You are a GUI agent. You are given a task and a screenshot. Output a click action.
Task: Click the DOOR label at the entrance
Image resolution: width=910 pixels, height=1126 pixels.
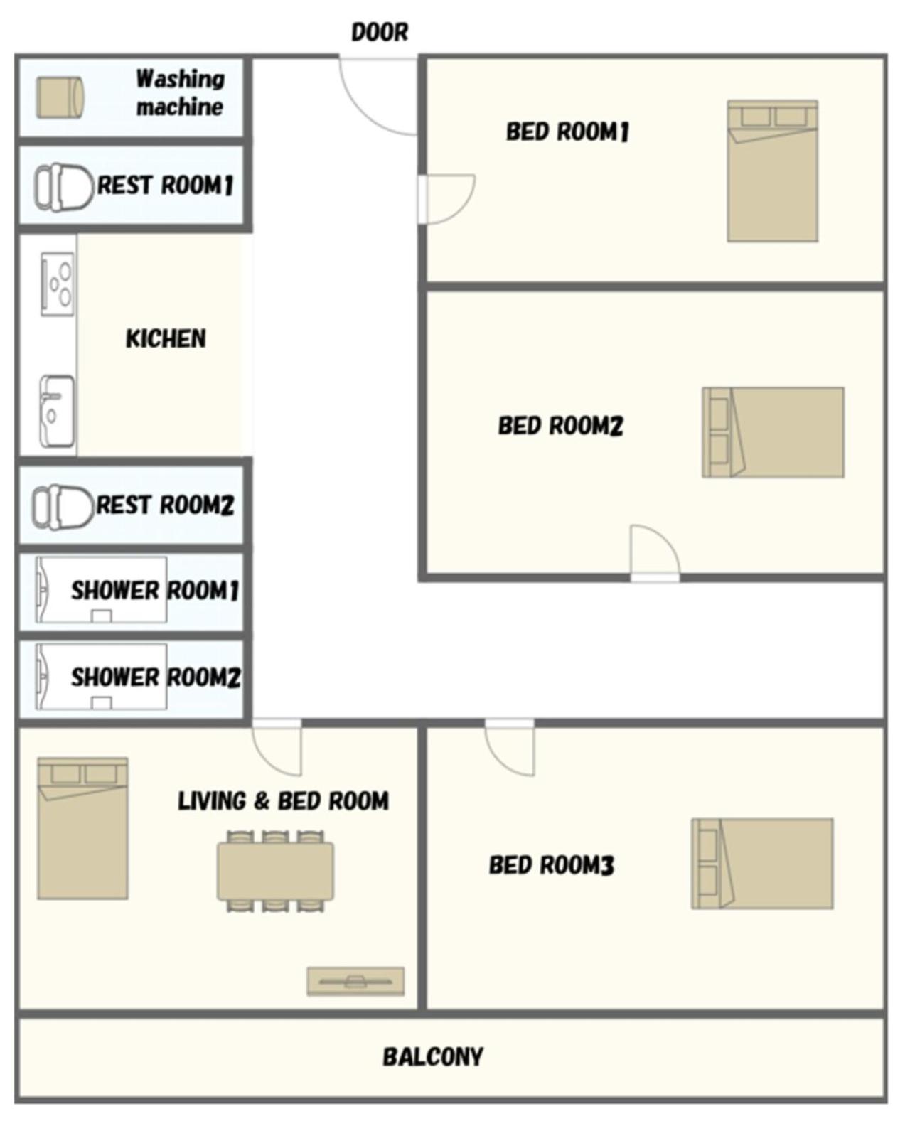pos(380,32)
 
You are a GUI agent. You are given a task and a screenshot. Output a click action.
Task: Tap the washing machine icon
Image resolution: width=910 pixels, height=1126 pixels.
pos(60,98)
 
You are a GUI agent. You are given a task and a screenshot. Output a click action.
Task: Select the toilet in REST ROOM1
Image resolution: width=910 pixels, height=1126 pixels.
pos(64,187)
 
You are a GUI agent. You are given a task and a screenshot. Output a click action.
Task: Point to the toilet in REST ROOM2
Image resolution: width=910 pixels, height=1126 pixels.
pos(63,507)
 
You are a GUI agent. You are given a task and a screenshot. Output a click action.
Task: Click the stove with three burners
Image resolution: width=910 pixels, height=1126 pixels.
pos(58,284)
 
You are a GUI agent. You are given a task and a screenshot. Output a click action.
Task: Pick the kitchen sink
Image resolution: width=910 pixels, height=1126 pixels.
pos(57,412)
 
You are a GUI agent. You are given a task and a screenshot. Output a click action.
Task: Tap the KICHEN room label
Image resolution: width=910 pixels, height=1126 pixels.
pos(166,338)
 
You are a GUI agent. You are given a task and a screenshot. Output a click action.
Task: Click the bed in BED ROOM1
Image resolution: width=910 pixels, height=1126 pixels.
pos(772,171)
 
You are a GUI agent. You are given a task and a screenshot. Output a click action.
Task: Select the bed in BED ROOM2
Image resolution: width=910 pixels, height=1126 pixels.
pos(773,432)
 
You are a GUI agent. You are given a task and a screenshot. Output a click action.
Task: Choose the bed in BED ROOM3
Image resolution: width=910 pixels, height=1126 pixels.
pos(762,864)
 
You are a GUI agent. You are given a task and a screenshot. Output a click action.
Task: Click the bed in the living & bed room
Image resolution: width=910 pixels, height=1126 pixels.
pos(82,828)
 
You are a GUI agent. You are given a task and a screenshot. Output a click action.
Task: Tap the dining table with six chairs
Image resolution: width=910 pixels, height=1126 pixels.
pos(275,871)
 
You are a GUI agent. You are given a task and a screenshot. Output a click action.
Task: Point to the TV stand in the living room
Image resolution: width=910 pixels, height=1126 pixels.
pos(355,981)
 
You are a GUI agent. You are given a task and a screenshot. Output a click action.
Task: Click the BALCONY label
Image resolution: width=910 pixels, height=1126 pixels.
pos(432,1057)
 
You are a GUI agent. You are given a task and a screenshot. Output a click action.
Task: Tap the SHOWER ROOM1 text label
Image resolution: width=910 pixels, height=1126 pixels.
pos(155,591)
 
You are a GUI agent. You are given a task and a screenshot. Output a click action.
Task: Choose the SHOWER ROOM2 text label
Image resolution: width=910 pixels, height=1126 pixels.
pos(156,677)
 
